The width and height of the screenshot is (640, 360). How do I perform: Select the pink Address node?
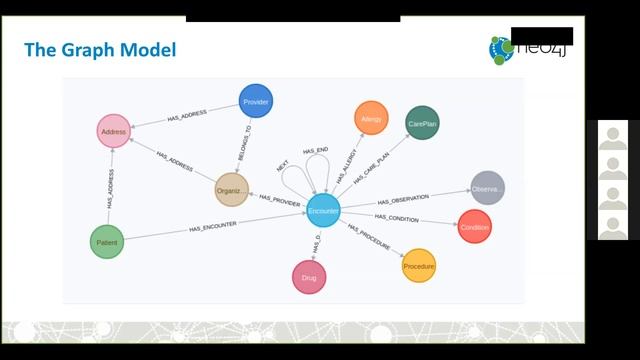coord(113,131)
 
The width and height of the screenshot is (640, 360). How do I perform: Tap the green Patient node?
coord(107,242)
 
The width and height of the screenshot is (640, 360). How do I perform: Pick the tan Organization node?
coord(232,190)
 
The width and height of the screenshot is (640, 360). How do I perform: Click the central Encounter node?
coord(323,211)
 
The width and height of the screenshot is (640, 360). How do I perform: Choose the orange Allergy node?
coord(371,118)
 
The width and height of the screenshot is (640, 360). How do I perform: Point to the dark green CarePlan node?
coord(423,123)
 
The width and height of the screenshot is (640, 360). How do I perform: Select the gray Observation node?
coord(487,188)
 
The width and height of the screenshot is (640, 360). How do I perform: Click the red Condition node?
coord(475,227)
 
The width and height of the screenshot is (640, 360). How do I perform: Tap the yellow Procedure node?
coord(419,266)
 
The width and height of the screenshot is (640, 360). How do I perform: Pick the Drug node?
coord(309,278)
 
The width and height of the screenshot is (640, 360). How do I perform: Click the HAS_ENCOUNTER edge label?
coord(213,227)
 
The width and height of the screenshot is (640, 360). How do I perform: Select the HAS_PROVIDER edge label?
coord(280,198)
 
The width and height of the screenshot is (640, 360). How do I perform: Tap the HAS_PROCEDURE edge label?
coord(370,239)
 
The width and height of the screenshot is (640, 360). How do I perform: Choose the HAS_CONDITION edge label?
coord(397,217)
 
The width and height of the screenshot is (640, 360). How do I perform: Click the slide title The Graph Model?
coord(100,49)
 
